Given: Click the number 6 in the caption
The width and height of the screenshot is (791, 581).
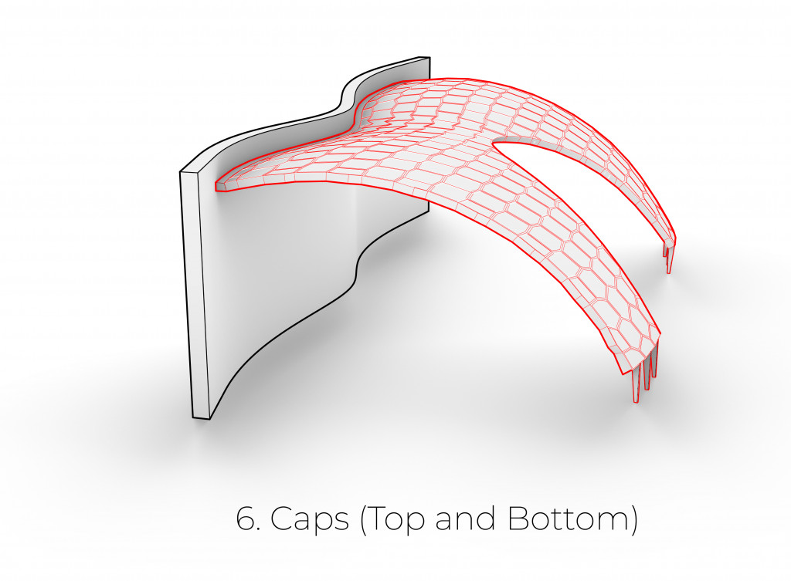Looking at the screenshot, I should (246, 519).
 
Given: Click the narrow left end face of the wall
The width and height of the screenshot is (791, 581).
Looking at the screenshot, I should (195, 293).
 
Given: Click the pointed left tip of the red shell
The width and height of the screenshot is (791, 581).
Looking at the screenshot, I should (217, 186).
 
